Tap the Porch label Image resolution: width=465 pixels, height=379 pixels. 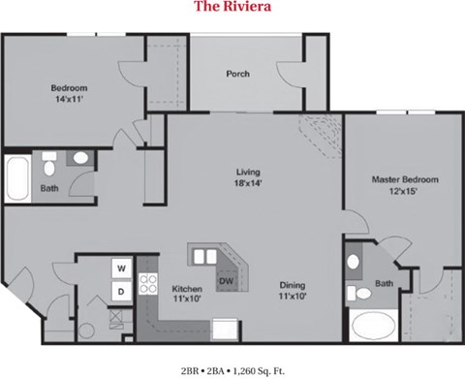(x=238, y=74)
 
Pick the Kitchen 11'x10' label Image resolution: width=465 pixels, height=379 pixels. (x=186, y=293)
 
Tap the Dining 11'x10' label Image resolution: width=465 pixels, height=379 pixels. (x=293, y=291)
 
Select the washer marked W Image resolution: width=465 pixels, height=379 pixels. (x=122, y=268)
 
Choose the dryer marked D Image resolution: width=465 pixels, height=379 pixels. (x=122, y=290)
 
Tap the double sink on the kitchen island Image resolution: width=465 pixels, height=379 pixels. (x=205, y=257)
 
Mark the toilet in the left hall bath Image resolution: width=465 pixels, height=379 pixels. (x=49, y=161)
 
